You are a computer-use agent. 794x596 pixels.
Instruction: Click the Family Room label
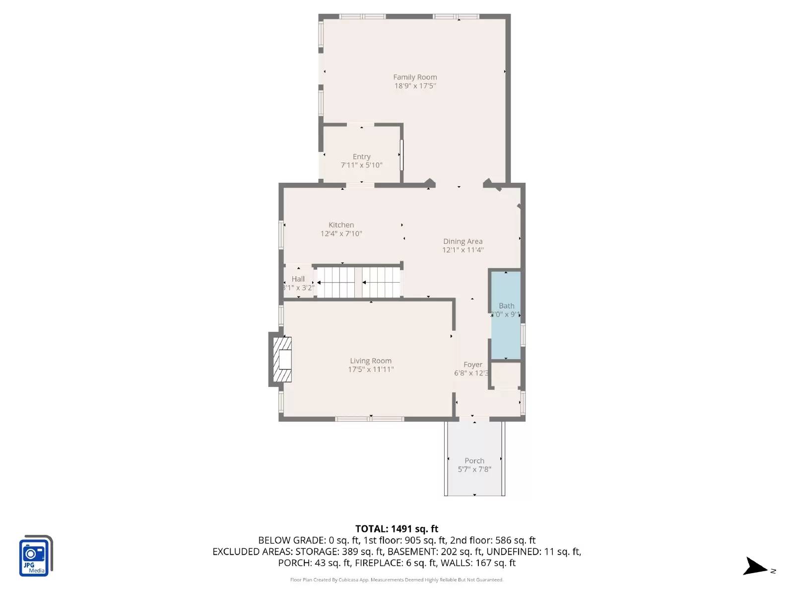[415, 77]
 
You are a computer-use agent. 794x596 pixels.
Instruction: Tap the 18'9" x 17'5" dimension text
[415, 86]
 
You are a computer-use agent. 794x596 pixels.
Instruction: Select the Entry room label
[361, 156]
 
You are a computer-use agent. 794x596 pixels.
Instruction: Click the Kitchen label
[341, 225]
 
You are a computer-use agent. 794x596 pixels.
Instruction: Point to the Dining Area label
[463, 241]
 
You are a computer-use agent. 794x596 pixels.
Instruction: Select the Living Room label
[371, 361]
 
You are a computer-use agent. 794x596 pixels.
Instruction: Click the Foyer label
[472, 365]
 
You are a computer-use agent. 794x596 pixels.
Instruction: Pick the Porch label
[474, 461]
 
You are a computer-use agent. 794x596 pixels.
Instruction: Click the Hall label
[298, 279]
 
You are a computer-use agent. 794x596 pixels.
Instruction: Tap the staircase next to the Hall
[359, 282]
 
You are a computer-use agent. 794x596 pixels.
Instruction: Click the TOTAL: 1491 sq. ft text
[397, 529]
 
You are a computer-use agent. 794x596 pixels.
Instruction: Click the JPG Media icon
[35, 556]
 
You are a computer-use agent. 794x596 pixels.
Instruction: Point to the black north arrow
[755, 567]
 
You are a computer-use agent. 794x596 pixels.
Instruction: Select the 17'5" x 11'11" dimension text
[371, 370]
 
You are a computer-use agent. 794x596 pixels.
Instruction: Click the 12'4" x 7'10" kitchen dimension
[341, 234]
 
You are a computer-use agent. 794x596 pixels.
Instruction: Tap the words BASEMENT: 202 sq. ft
[435, 552]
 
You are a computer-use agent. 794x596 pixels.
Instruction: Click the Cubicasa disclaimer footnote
[397, 580]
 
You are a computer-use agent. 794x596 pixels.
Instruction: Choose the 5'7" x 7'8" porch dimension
[474, 469]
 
